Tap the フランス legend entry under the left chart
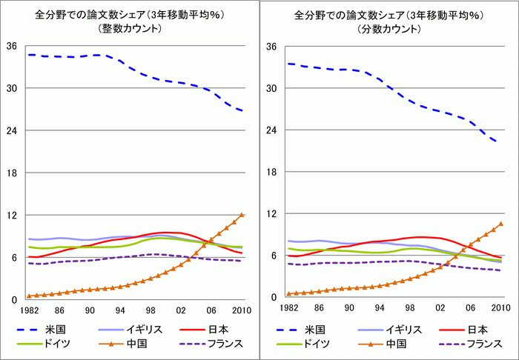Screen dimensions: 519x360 pyautogui.click(x=211, y=344)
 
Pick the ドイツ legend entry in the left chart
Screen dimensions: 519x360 pyautogui.click(x=44, y=344)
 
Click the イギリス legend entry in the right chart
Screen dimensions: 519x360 pyautogui.click(x=389, y=329)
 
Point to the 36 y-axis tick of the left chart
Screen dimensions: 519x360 pyautogui.click(x=12, y=46)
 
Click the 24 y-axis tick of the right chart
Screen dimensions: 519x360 pyautogui.click(x=271, y=130)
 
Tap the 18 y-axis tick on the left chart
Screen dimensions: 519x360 pyautogui.click(x=12, y=173)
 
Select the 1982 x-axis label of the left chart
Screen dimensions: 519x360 pyautogui.click(x=29, y=310)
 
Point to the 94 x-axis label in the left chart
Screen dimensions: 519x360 pyautogui.click(x=120, y=310)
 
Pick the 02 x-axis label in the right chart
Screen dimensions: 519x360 pyautogui.click(x=440, y=308)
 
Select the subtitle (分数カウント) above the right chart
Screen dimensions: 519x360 pyautogui.click(x=389, y=29)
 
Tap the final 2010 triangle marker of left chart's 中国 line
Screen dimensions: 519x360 pyautogui.click(x=242, y=215)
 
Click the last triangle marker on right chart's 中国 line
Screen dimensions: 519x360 pyautogui.click(x=501, y=224)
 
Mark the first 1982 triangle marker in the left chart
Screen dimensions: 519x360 pyautogui.click(x=29, y=296)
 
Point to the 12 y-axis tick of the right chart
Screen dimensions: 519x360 pyautogui.click(x=271, y=213)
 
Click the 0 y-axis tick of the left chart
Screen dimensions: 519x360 pyautogui.click(x=14, y=299)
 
